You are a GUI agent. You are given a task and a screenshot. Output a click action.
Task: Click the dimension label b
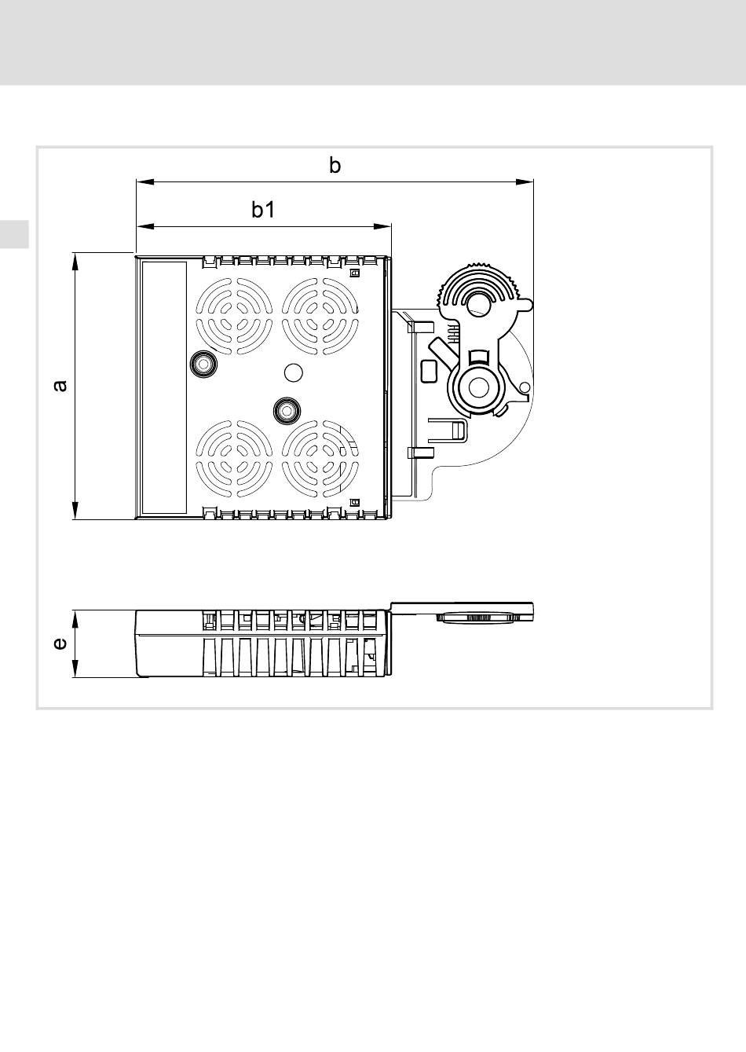(x=335, y=166)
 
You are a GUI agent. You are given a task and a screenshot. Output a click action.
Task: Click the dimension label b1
(x=263, y=210)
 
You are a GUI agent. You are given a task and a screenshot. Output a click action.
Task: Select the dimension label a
(x=60, y=386)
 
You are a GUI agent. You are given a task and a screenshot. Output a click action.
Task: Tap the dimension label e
(x=60, y=643)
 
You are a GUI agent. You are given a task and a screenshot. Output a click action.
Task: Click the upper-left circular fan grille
(x=234, y=316)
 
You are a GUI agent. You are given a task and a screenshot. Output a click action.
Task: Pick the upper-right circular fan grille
(x=320, y=316)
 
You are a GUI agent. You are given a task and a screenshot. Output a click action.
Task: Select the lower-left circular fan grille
(x=234, y=458)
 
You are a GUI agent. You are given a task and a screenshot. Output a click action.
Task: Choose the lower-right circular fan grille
(x=320, y=458)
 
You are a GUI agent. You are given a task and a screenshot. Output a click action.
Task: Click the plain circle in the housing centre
(x=294, y=372)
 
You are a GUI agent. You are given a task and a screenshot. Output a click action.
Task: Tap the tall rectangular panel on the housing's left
(x=164, y=388)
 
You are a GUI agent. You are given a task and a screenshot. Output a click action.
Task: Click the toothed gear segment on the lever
(x=479, y=282)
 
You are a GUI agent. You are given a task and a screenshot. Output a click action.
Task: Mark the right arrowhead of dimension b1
(x=382, y=227)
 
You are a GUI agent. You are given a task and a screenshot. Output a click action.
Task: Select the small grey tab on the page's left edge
(x=14, y=234)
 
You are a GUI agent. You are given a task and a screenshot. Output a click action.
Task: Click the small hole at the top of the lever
(x=479, y=303)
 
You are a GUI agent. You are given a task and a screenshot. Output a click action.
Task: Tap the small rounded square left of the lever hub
(x=429, y=371)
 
